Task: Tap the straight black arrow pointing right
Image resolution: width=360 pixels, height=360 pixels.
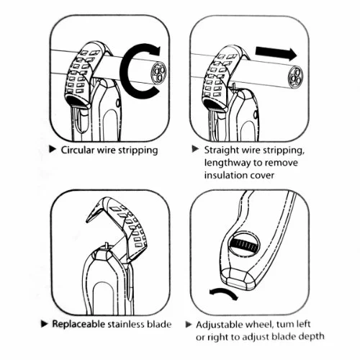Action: pos(276,53)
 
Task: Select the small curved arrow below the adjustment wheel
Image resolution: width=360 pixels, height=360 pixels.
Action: pos(224,292)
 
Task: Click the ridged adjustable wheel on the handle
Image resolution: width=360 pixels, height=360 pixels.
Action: pos(244,245)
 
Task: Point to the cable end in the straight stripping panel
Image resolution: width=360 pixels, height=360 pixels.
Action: pos(296,77)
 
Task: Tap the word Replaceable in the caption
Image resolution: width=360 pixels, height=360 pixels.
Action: pos(78,324)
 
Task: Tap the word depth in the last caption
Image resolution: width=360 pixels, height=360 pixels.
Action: pos(312,337)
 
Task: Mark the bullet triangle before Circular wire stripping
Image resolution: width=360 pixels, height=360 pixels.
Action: pos(53,149)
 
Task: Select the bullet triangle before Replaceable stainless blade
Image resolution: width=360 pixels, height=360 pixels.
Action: pos(45,324)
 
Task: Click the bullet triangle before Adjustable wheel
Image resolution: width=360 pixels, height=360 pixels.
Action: pos(189,325)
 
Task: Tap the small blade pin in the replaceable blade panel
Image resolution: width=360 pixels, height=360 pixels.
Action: pos(106,246)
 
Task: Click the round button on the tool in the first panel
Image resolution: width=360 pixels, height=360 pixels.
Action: pos(118,103)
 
